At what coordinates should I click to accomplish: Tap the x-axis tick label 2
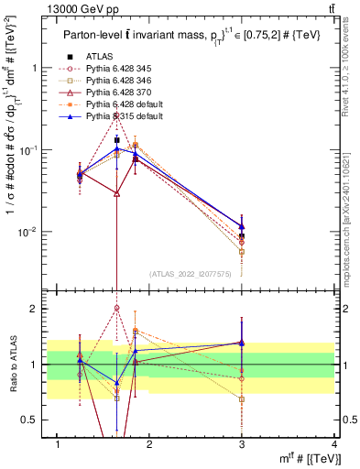point(149,444)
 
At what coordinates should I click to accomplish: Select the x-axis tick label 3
point(242,444)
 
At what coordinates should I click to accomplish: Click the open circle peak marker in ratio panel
point(116,309)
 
